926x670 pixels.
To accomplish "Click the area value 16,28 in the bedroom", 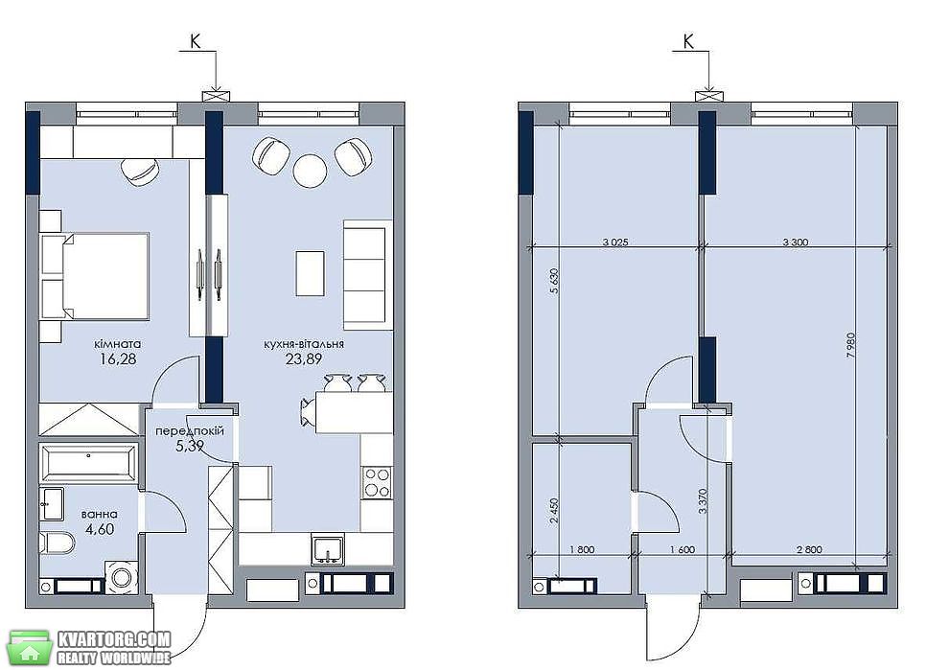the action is (118, 358).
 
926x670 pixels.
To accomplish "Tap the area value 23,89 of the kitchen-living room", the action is (304, 358).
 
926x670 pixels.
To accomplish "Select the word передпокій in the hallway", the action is (190, 431).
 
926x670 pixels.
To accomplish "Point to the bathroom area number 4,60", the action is (100, 528).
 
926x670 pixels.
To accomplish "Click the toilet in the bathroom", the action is (58, 542).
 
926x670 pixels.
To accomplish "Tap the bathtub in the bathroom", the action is (88, 462).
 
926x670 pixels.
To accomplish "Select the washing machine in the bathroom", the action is (122, 577).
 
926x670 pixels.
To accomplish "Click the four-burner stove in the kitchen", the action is (377, 482).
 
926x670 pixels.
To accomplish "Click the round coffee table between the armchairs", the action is (310, 171).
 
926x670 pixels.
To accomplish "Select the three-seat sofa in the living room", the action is (368, 275).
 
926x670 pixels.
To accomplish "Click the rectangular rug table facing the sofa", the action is (310, 273).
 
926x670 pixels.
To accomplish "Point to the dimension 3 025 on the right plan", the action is (615, 243).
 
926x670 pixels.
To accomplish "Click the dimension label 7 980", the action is (851, 346).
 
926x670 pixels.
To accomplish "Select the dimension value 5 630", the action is (553, 282).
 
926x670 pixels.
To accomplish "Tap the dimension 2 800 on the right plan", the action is (809, 549).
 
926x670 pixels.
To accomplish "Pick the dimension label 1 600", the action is (683, 549).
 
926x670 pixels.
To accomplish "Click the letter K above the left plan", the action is (195, 40).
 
